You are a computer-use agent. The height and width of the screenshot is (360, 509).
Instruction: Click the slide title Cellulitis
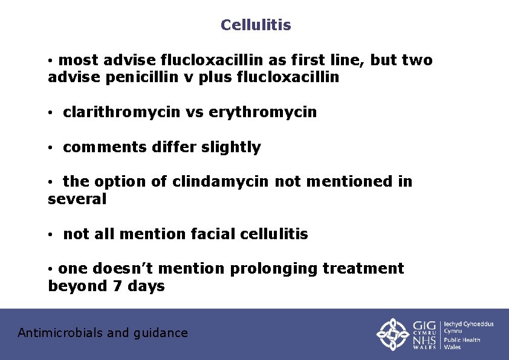256,25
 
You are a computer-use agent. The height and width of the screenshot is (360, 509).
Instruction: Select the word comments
102,147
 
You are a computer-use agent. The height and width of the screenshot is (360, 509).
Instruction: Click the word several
77,199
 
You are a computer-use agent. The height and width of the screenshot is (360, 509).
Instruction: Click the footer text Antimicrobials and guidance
103,333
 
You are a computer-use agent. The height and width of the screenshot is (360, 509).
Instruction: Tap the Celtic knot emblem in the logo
394,334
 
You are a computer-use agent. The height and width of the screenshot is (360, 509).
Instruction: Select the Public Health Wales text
462,343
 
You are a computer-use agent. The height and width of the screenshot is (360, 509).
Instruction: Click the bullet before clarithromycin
53,113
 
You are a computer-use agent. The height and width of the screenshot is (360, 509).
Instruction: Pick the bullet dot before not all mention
53,234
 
